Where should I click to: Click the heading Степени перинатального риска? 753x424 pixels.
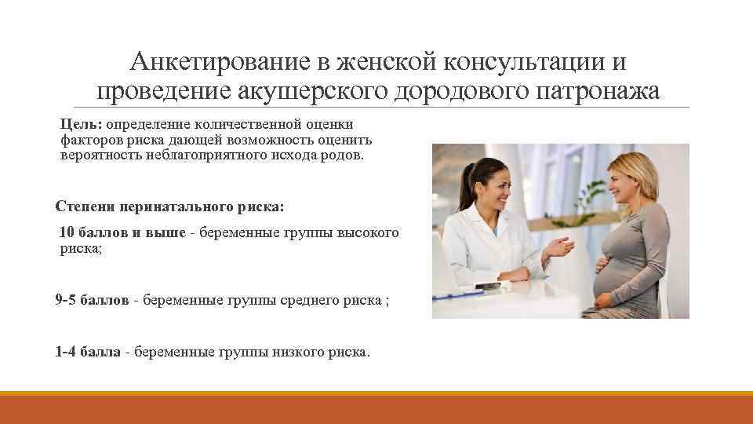click(171, 207)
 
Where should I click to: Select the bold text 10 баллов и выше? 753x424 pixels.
click(122, 233)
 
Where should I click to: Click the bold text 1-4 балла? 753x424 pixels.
click(87, 353)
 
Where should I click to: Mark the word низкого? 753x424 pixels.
click(291, 353)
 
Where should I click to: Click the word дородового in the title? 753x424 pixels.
click(445, 91)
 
